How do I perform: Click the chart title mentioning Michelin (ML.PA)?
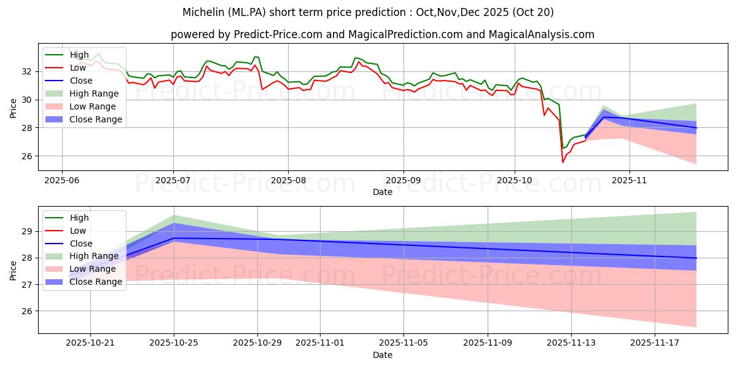click(x=368, y=12)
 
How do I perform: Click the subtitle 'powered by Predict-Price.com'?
click(x=382, y=35)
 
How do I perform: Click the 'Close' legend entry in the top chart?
click(x=81, y=81)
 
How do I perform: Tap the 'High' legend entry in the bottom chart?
click(x=79, y=218)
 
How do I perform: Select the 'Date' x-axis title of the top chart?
click(x=382, y=192)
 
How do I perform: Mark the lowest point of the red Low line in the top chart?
click(x=563, y=162)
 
